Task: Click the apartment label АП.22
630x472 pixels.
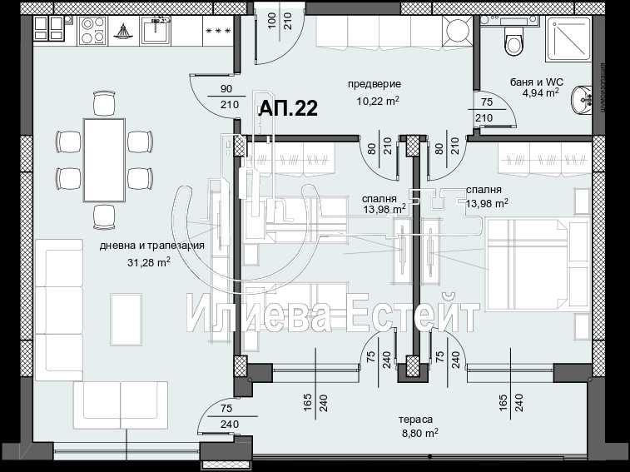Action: tap(288, 107)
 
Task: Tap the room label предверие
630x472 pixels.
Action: tap(374, 84)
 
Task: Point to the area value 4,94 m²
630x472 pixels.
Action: tap(539, 93)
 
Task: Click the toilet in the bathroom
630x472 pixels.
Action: tap(513, 37)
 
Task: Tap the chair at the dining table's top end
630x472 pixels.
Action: tap(104, 102)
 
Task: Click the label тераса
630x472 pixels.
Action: tap(419, 420)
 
